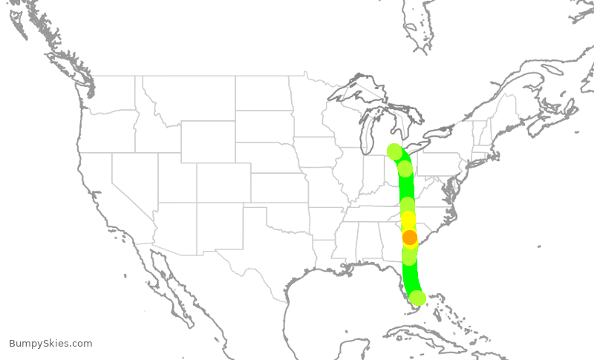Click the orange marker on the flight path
[x=410, y=238]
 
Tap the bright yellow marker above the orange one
[x=408, y=220]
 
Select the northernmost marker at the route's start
[x=395, y=152]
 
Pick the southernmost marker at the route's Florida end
[x=418, y=298]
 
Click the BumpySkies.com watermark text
[x=50, y=343]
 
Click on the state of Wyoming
[x=208, y=141]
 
